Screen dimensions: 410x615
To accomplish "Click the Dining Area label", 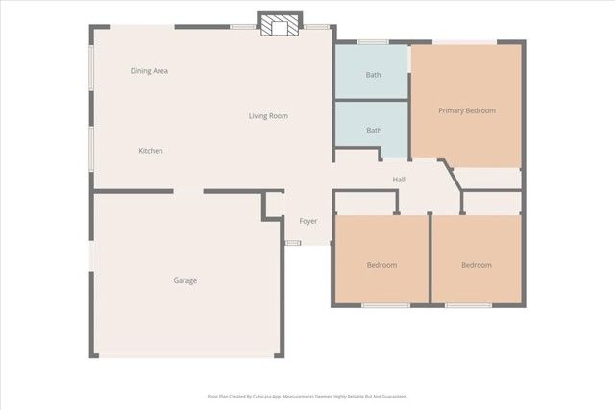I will coord(149,70).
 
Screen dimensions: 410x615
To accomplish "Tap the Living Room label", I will coord(268,116).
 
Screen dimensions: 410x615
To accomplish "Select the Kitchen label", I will coord(150,151).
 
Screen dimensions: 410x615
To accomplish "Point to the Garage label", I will coord(184,280).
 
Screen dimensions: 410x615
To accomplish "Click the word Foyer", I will coord(307,221).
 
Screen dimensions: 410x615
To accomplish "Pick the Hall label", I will coord(399,180).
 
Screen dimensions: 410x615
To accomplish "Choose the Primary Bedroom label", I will coord(467,110).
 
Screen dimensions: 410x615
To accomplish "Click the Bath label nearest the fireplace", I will coord(373,74).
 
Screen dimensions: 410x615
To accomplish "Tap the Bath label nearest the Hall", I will coord(373,130).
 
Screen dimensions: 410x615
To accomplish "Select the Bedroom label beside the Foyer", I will coord(381,265).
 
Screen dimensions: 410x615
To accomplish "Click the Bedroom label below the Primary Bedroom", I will coord(476,265).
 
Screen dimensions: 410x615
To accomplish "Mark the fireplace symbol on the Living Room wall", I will coord(280,26).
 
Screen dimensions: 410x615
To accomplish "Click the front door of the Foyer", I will coord(293,242).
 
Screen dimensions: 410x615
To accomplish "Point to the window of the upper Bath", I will coord(373,41).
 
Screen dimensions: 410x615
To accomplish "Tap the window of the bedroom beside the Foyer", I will coord(385,305).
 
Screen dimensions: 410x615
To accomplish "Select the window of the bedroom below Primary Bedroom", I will coord(469,305).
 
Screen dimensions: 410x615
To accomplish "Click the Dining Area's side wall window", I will coord(92,70).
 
